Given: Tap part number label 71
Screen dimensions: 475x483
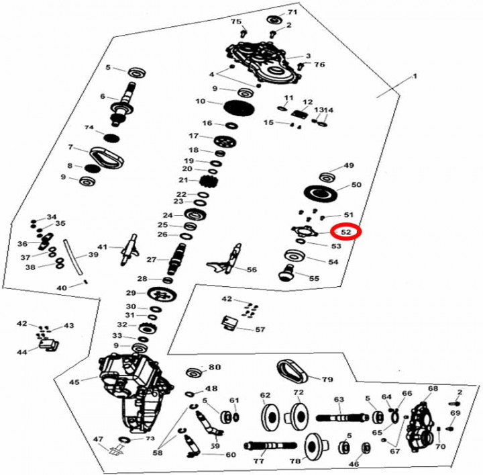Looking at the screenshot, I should [292, 13].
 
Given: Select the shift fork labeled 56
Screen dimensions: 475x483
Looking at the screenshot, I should [226, 261].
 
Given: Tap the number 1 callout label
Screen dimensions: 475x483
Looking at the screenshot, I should [415, 77].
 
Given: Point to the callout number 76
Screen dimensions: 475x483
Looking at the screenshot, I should [319, 64].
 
